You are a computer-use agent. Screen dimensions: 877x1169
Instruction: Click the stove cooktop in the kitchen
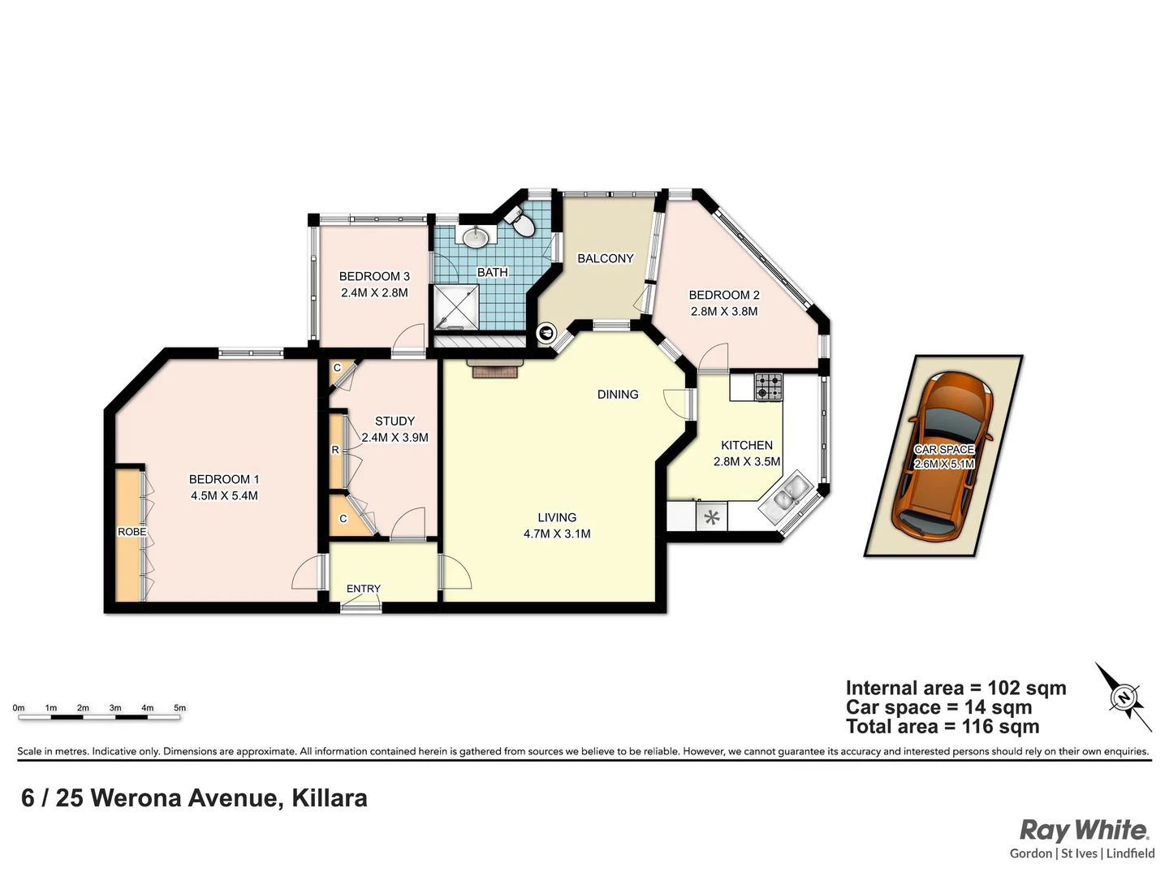pyautogui.click(x=768, y=387)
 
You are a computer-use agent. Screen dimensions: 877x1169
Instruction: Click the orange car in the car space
pyautogui.click(x=943, y=456)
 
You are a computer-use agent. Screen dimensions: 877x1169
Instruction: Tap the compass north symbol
pyautogui.click(x=1124, y=697)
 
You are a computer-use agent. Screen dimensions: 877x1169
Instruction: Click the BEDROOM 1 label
pyautogui.click(x=224, y=479)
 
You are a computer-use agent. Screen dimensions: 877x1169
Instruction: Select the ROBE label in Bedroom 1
pyautogui.click(x=132, y=532)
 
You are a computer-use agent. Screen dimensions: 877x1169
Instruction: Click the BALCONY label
pyautogui.click(x=605, y=258)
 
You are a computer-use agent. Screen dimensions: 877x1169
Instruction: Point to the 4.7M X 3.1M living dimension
pyautogui.click(x=557, y=534)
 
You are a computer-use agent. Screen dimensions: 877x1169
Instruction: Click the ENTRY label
pyautogui.click(x=363, y=589)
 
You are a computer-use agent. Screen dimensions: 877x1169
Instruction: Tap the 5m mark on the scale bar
pyautogui.click(x=179, y=708)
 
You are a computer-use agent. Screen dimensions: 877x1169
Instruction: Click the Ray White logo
pyautogui.click(x=1084, y=831)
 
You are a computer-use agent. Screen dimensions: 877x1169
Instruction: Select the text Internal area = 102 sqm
pyautogui.click(x=955, y=689)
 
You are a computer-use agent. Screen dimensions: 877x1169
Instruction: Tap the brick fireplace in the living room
pyautogui.click(x=495, y=369)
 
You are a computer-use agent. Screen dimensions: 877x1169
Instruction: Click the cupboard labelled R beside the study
pyautogui.click(x=335, y=450)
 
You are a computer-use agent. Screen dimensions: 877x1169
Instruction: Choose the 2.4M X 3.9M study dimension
pyautogui.click(x=395, y=437)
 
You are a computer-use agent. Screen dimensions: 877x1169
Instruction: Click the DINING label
pyautogui.click(x=618, y=395)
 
